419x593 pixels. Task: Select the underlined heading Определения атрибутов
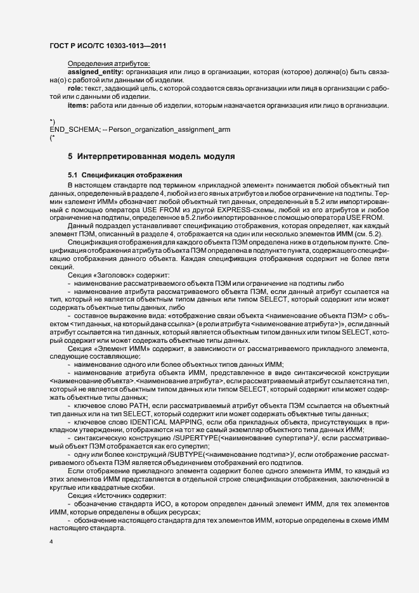[108, 65]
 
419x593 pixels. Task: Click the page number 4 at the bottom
[51, 543]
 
